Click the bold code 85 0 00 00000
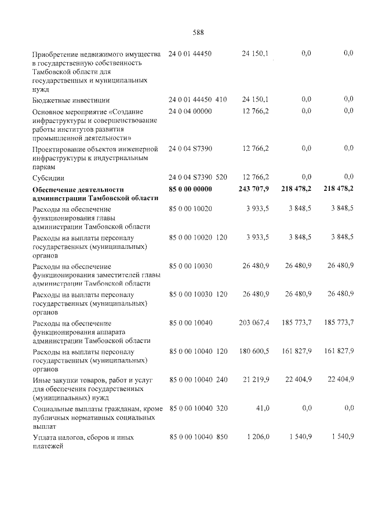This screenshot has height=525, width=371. point(190,189)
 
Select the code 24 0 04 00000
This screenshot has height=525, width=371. point(190,110)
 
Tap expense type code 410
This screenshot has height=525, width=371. point(221,99)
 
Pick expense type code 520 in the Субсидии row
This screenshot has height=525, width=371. point(221,177)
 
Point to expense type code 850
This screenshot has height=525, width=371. point(221,436)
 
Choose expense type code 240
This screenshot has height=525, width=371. point(221,379)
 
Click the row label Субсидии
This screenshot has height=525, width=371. point(48,178)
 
